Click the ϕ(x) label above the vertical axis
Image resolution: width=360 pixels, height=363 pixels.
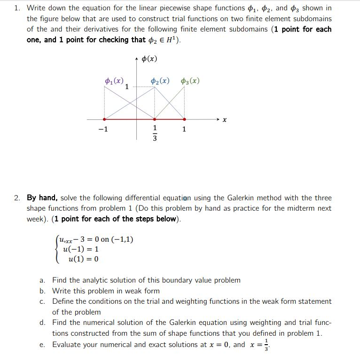[x=149, y=59]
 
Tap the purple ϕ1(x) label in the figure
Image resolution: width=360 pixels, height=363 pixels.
[x=114, y=81]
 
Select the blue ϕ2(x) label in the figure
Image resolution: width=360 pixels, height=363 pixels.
[x=160, y=81]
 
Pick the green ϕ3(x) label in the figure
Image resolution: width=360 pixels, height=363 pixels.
[x=190, y=81]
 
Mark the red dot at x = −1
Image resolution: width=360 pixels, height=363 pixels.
[x=104, y=119]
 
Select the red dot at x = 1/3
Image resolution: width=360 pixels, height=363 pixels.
[x=155, y=119]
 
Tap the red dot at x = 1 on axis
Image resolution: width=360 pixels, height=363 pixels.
[x=184, y=119]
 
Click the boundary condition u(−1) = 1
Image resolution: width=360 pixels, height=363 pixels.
[x=80, y=249]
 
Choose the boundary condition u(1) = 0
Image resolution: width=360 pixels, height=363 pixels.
[x=83, y=259]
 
